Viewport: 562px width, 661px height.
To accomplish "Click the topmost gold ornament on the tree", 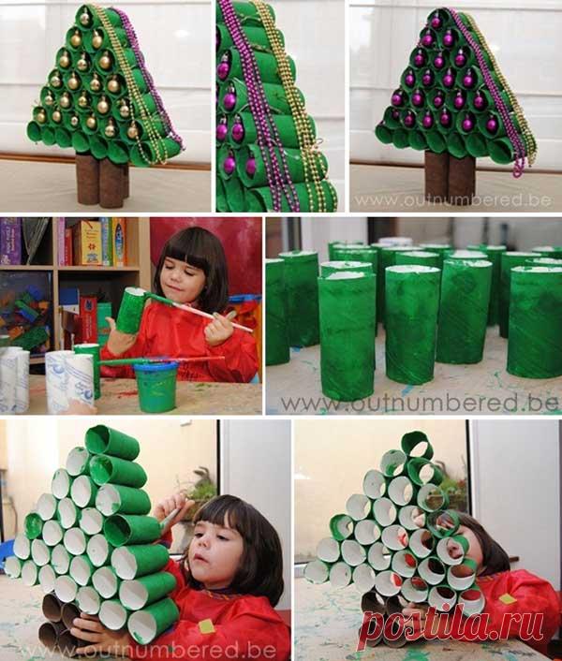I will click(x=83, y=18).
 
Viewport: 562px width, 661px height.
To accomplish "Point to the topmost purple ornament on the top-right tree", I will click(x=436, y=20).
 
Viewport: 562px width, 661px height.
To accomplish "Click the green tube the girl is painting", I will click(x=132, y=310).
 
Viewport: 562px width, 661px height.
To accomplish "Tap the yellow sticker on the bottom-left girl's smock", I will click(x=206, y=625).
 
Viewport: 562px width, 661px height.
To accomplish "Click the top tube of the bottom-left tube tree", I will click(x=112, y=441).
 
